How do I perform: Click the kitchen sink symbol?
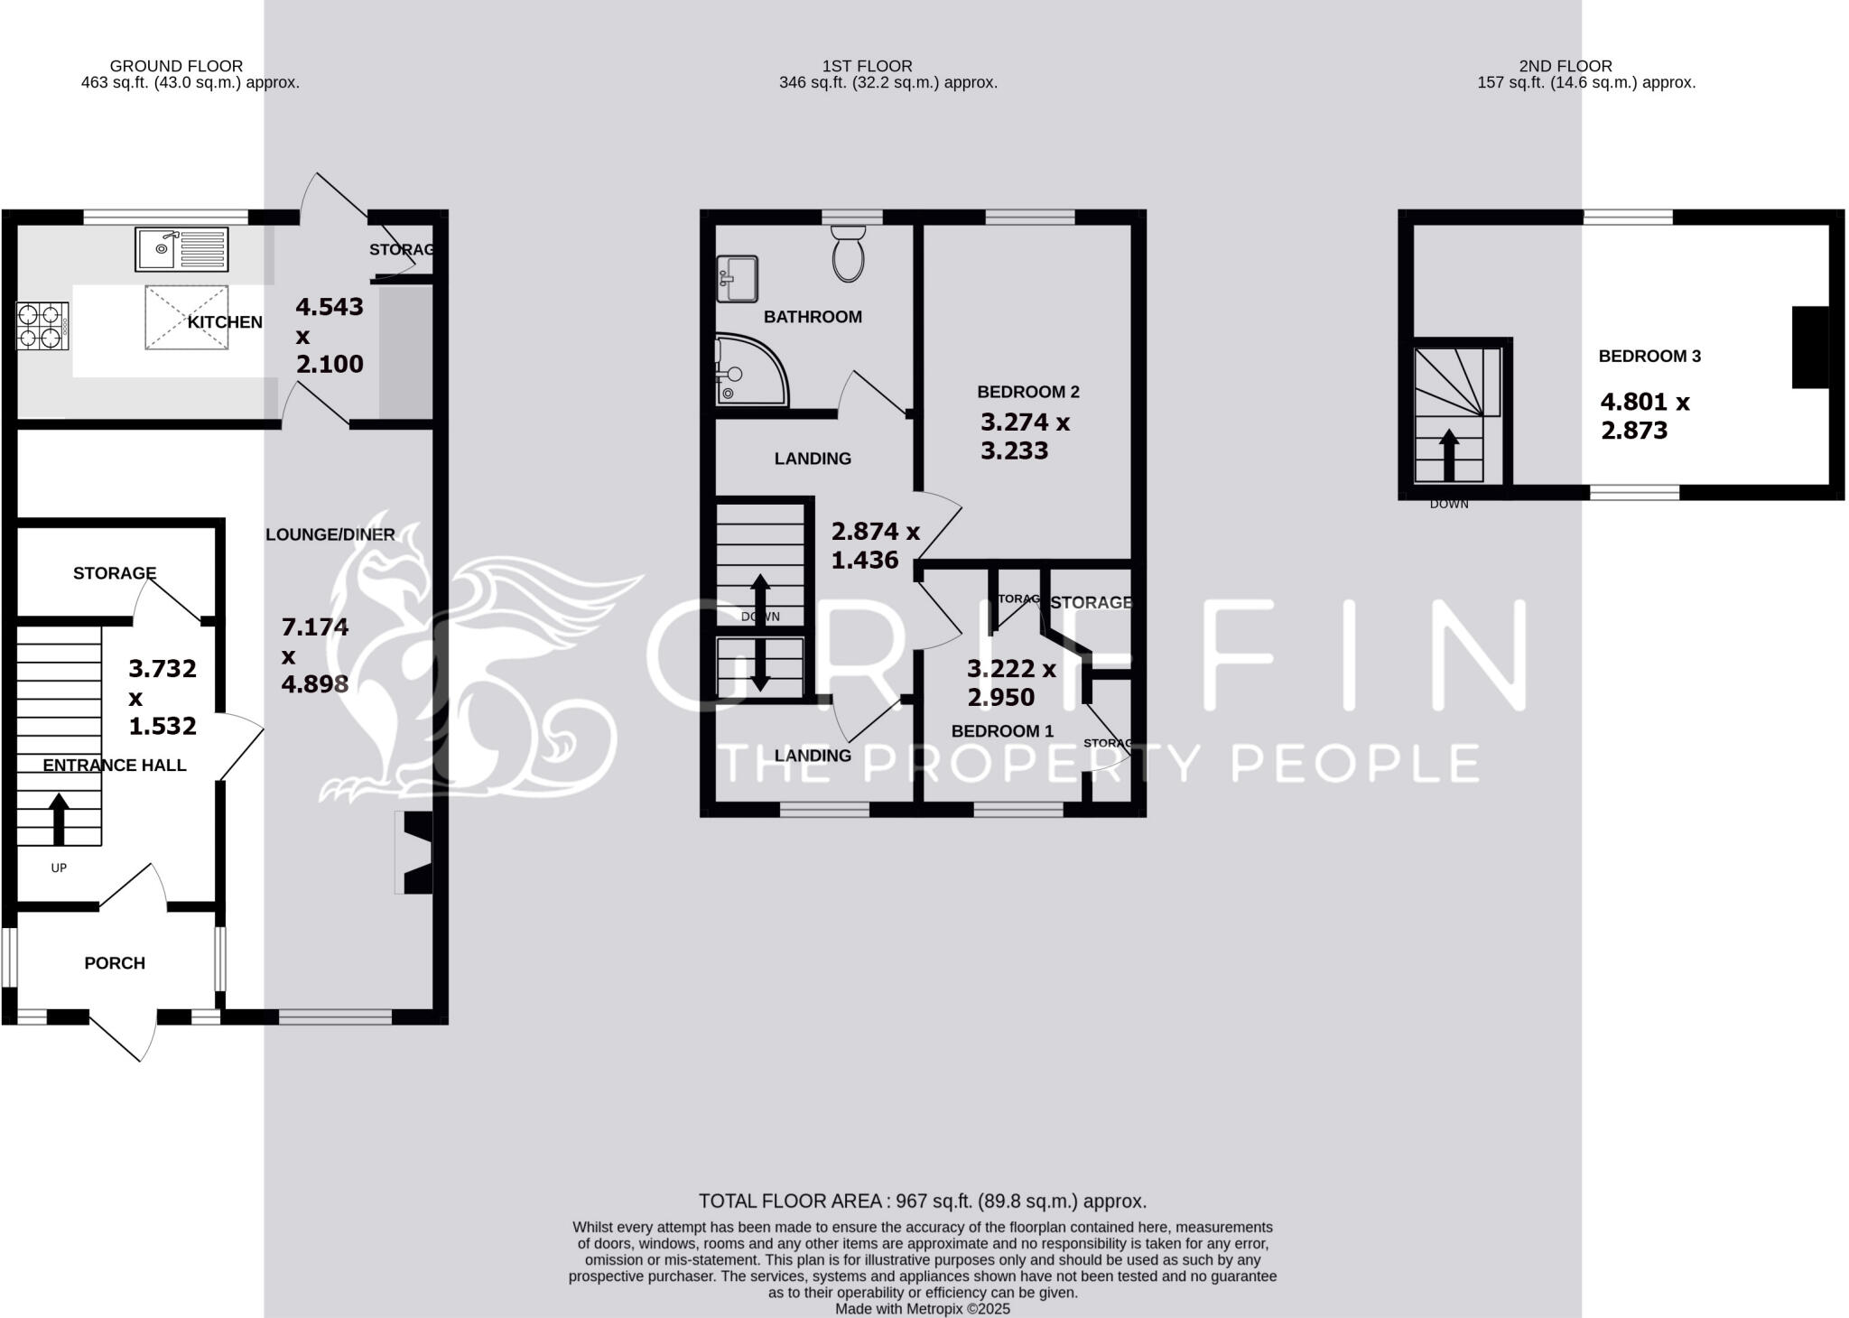[182, 249]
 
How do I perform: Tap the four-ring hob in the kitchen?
[42, 326]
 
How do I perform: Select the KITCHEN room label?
[225, 322]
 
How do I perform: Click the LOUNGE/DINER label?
[330, 534]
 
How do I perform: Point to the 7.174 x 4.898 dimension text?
[315, 655]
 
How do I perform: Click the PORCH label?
[115, 963]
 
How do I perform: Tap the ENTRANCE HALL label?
[115, 766]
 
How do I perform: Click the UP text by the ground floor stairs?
[59, 868]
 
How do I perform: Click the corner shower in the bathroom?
[748, 369]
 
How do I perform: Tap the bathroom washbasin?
[737, 279]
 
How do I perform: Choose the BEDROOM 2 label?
[1028, 392]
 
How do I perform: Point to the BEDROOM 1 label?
[1002, 731]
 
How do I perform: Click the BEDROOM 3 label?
[1649, 357]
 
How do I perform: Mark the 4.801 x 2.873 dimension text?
[1644, 416]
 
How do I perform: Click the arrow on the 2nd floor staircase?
[1448, 454]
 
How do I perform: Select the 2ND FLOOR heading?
[1566, 66]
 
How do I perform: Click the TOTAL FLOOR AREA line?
[923, 1202]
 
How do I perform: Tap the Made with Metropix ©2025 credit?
[923, 1309]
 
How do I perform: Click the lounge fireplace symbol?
[414, 853]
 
